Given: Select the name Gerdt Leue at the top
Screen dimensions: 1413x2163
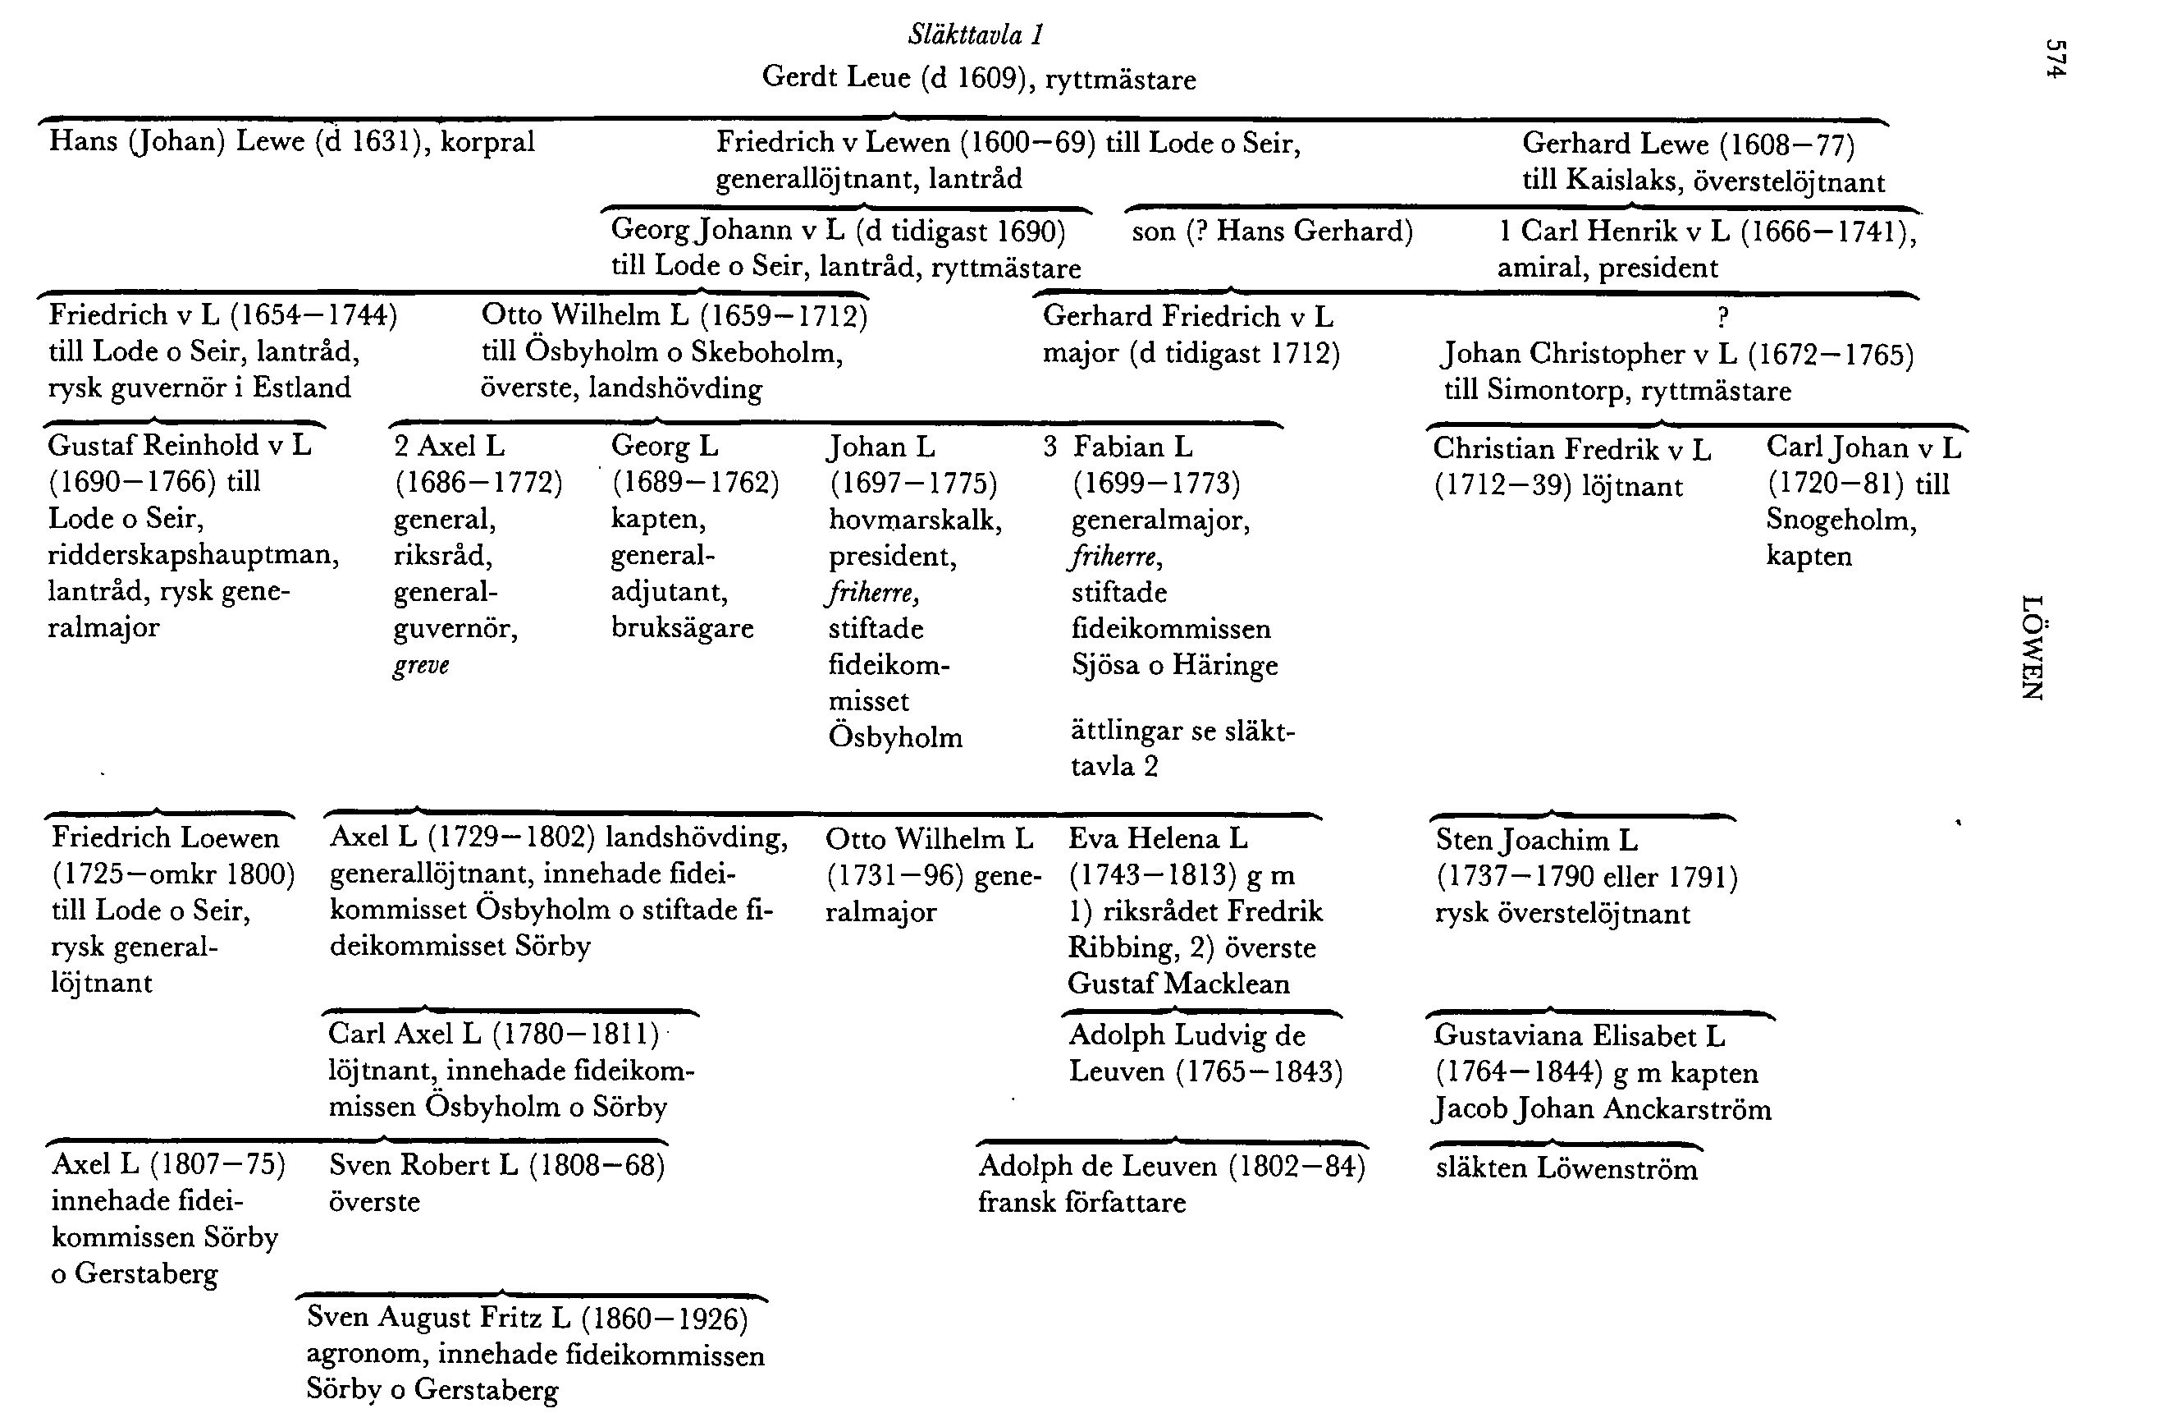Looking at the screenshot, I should pyautogui.click(x=835, y=77).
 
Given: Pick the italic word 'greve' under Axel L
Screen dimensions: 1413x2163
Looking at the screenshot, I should pyautogui.click(x=421, y=665).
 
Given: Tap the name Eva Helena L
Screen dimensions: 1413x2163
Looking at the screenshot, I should pyautogui.click(x=1157, y=837).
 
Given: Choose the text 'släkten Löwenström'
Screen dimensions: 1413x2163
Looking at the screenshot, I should pyautogui.click(x=1566, y=1168).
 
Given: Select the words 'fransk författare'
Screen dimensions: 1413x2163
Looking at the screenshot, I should pyautogui.click(x=1081, y=1202).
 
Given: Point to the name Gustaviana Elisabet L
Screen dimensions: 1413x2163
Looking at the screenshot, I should pyautogui.click(x=1579, y=1035).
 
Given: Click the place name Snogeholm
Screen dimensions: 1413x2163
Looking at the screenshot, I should pyautogui.click(x=1841, y=520).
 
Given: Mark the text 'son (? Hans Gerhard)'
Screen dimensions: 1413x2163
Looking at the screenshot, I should pyautogui.click(x=1273, y=231).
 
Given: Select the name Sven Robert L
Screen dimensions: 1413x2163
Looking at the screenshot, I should pyautogui.click(x=423, y=1165).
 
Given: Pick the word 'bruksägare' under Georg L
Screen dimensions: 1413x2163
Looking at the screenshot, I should pyautogui.click(x=682, y=628).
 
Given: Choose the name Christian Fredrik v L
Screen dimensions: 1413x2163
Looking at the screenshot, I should pyautogui.click(x=1571, y=448).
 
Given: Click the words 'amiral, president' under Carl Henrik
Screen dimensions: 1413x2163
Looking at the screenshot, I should pyautogui.click(x=1607, y=268).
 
